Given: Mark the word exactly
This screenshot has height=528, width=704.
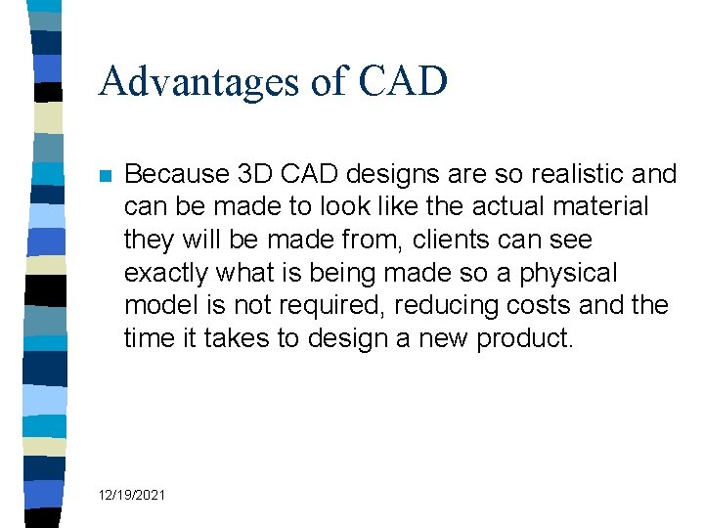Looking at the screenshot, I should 166,274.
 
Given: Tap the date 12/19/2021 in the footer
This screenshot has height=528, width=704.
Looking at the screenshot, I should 132,496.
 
